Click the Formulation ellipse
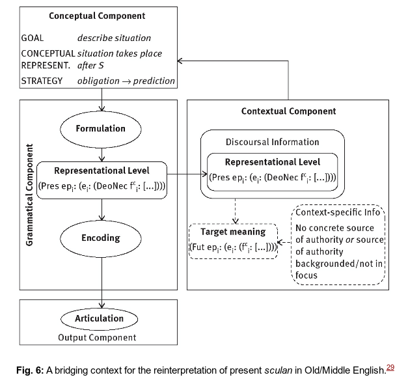coord(100,128)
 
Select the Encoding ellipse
coord(100,238)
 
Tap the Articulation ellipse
coord(99,318)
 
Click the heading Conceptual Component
coord(97,16)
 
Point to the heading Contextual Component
coord(288,111)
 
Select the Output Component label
coord(98,337)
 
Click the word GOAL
coord(33,38)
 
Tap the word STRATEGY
coord(42,81)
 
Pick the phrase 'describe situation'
coord(114,38)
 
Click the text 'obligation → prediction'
coord(126,81)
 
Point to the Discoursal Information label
coord(273,142)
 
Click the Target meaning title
coord(233,232)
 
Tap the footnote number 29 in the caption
coord(390,368)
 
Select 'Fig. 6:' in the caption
coord(29,371)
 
